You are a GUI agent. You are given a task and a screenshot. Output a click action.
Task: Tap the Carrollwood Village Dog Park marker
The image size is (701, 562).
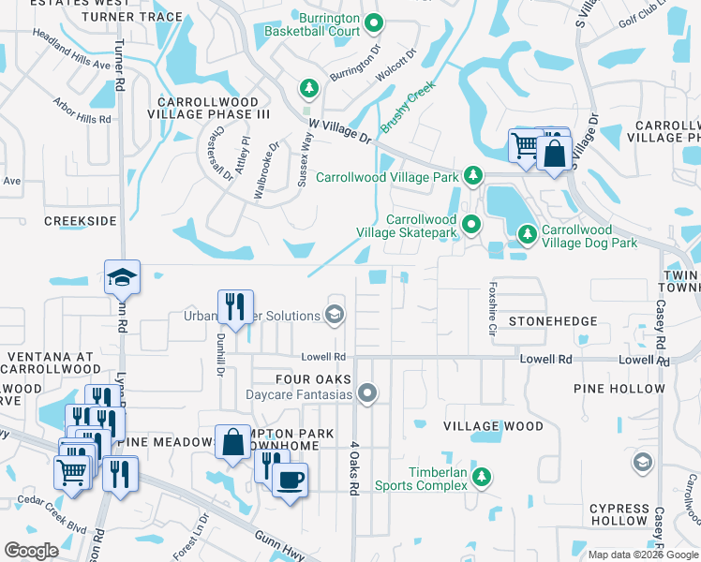[528, 231]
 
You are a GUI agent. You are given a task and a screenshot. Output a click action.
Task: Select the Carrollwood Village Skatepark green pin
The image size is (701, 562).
[472, 223]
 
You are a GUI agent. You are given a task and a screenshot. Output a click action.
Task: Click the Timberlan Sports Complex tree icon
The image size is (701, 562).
[481, 478]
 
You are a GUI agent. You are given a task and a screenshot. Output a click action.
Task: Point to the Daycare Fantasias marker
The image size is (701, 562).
[368, 393]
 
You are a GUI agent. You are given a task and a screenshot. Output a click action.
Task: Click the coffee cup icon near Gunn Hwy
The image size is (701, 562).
[290, 480]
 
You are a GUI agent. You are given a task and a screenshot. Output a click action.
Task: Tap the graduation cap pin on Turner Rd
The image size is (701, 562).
[122, 276]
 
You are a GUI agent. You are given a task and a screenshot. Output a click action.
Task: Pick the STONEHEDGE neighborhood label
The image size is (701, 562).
[553, 321]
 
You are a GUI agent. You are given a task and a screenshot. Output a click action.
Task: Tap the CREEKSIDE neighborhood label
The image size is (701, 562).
[81, 220]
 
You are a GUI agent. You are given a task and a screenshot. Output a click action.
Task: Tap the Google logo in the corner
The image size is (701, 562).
[31, 551]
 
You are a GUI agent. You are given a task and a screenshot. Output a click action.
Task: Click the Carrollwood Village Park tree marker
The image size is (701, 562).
[474, 176]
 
